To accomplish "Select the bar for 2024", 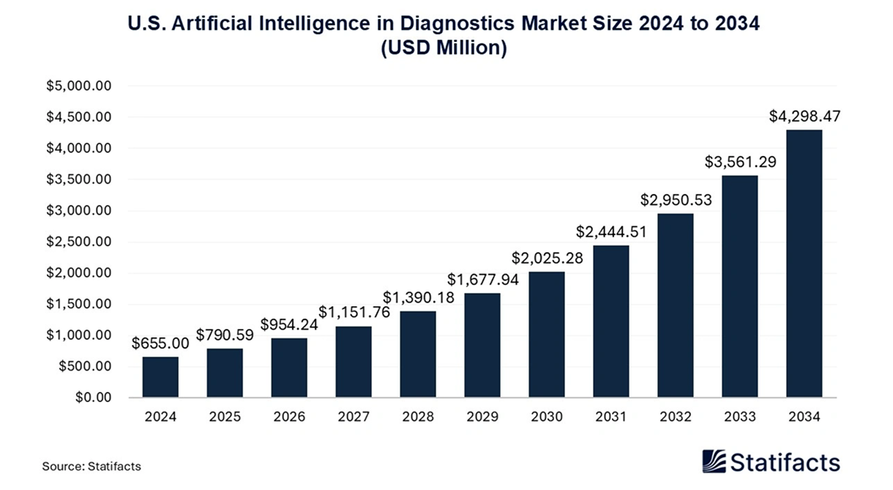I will (x=160, y=377).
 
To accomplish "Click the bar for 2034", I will (x=804, y=264).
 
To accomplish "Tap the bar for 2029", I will (x=482, y=346).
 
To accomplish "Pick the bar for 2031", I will (x=610, y=322).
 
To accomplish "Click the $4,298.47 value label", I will (x=804, y=116).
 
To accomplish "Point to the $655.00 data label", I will (x=160, y=343).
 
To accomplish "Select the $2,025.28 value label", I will (x=547, y=258).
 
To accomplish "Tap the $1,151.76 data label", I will (x=354, y=312).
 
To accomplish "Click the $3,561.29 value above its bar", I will (x=739, y=162).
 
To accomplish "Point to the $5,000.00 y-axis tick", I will (x=78, y=86).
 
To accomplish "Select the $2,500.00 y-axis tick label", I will (x=78, y=242).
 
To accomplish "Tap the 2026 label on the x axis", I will (x=289, y=417).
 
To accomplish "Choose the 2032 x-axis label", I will (x=675, y=417).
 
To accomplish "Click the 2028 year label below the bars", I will (x=418, y=417).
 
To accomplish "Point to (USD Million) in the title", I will (x=444, y=49).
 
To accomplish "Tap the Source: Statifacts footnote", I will (x=91, y=466).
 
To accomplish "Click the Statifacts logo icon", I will (x=714, y=461).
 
